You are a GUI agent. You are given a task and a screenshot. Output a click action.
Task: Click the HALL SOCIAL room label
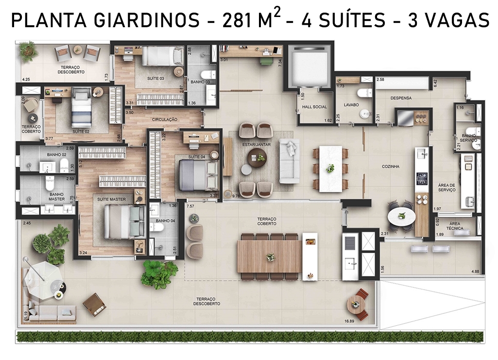[314, 107]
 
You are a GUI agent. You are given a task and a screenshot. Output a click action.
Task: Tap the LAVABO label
[351, 105]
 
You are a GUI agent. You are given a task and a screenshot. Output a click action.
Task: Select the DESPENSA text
[401, 98]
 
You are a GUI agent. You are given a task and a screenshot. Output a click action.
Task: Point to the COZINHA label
[390, 166]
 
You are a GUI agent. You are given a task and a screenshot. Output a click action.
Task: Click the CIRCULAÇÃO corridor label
[165, 120]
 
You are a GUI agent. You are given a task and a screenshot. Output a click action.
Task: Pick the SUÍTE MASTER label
[111, 199]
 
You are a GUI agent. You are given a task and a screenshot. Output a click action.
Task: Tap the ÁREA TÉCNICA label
[454, 226]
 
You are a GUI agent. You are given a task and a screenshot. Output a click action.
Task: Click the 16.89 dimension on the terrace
[349, 321]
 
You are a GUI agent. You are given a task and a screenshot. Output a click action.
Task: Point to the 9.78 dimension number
[236, 196]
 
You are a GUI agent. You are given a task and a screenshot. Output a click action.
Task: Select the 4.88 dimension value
[475, 272]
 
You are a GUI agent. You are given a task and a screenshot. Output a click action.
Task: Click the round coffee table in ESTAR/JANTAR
[257, 158]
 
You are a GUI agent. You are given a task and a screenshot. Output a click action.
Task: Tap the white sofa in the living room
[290, 161]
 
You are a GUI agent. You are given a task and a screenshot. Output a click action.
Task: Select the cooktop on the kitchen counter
[423, 179]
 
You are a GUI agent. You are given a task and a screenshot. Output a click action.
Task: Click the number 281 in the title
[237, 20]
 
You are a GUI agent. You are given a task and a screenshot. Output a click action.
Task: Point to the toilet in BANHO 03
[208, 75]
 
